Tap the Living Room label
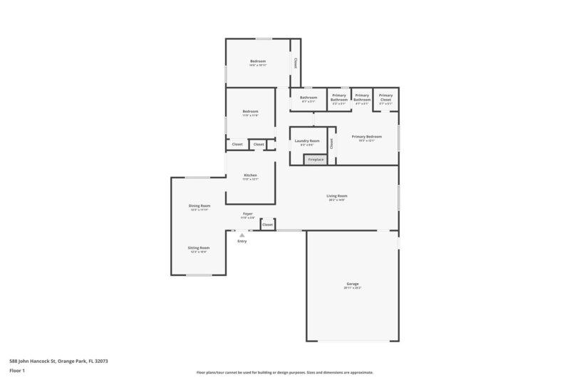336,195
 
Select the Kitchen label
250,175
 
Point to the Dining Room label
199,205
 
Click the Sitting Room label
199,247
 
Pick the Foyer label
248,213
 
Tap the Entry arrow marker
242,235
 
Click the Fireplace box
316,160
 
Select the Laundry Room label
307,140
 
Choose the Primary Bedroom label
367,136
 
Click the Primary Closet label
385,96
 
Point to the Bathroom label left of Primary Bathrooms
308,97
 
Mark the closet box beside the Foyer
267,225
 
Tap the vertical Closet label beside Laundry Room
331,143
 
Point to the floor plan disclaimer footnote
285,372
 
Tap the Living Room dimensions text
336,200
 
